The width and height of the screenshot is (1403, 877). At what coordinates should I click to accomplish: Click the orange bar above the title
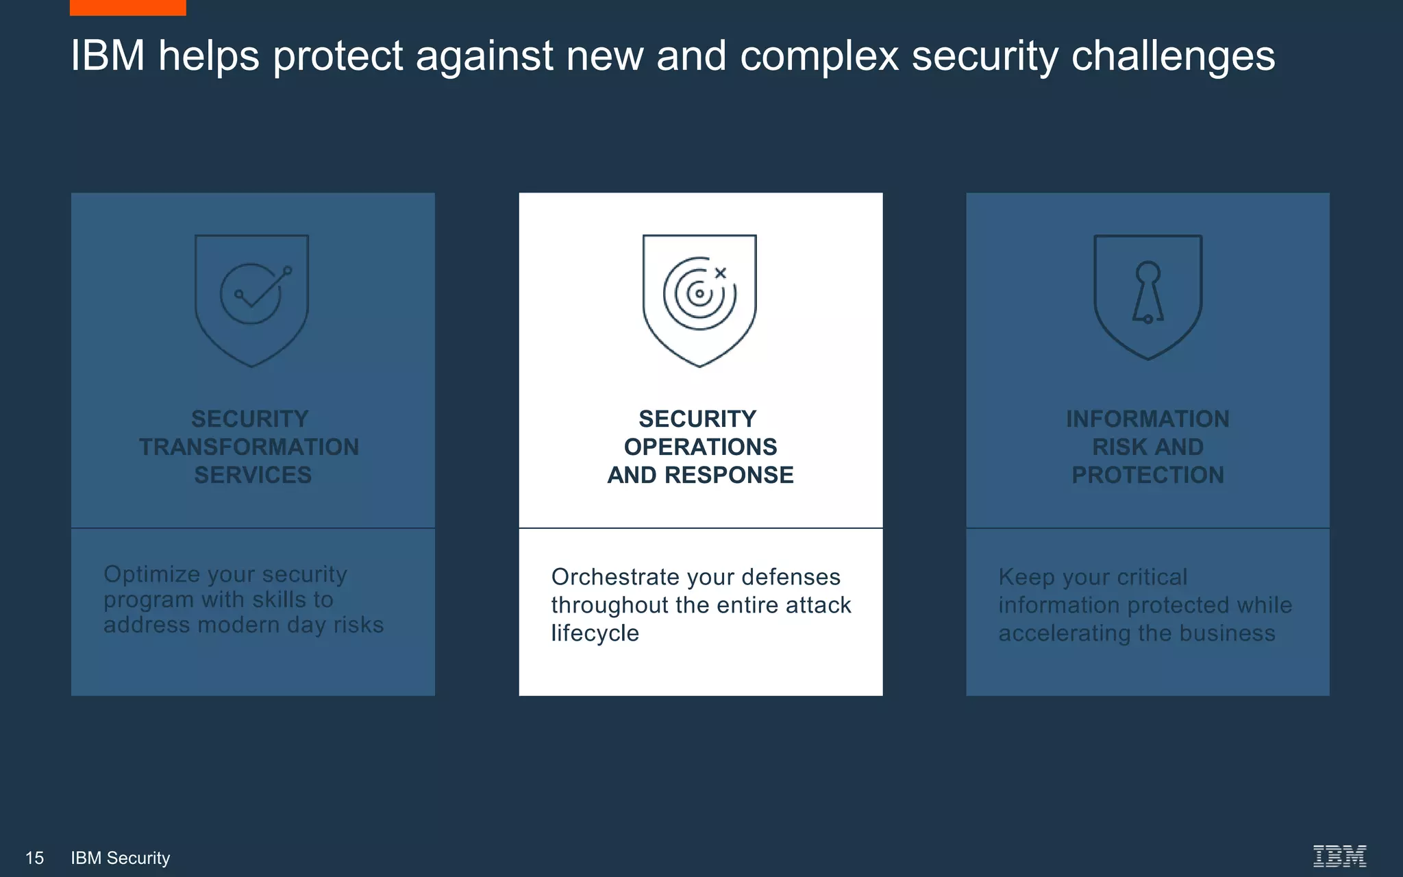click(127, 7)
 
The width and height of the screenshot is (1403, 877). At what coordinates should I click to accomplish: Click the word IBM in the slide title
click(108, 55)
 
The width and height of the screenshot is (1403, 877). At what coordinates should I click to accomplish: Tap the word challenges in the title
click(1172, 56)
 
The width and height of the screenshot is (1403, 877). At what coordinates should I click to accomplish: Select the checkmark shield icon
click(251, 299)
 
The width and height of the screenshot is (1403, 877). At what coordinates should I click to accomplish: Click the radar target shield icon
click(699, 299)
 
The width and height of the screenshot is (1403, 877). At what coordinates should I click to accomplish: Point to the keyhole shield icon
click(1147, 296)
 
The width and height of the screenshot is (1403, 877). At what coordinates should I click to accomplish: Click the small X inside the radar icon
click(720, 273)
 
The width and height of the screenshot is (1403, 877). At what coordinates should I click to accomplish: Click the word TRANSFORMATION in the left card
click(249, 447)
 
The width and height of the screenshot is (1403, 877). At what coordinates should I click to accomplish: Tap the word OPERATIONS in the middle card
click(700, 447)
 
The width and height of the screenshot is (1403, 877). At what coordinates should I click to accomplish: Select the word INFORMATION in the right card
click(1147, 419)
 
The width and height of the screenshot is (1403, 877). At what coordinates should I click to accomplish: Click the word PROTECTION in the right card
click(1147, 475)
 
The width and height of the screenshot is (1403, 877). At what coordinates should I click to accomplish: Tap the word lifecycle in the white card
click(595, 633)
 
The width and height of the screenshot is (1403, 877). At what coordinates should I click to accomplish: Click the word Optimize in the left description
click(151, 574)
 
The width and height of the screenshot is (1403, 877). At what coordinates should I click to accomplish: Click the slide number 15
click(34, 858)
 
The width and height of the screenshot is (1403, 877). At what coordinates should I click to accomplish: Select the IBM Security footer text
click(121, 858)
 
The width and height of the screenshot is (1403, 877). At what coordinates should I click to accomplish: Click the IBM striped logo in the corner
click(1339, 856)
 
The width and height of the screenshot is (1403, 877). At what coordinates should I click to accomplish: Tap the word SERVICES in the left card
click(253, 475)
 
